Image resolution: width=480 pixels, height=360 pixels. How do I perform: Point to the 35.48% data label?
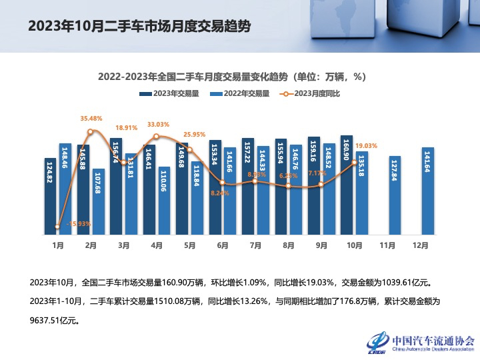pyautogui.click(x=91, y=118)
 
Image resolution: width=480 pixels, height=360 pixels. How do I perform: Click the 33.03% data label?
pyautogui.click(x=158, y=124)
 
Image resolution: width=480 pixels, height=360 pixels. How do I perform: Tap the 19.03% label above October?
pyautogui.click(x=367, y=145)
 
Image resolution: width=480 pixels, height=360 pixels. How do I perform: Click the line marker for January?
pyautogui.click(x=58, y=227)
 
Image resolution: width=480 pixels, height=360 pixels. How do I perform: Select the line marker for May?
pyautogui.click(x=189, y=149)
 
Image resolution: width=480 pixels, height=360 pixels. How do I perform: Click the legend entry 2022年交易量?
pyautogui.click(x=239, y=94)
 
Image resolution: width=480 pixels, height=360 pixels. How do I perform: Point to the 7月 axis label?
pyautogui.click(x=255, y=245)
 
